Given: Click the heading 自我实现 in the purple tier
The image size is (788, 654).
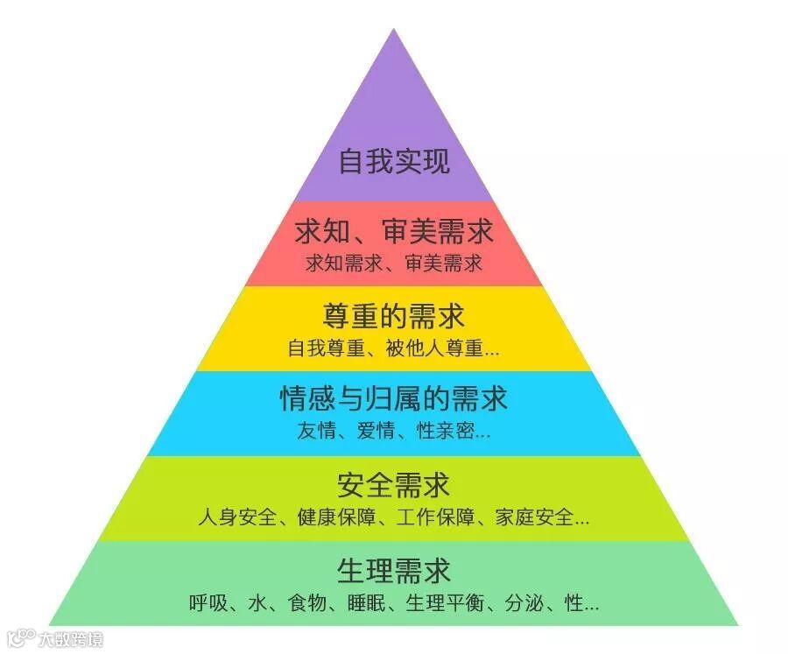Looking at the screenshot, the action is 394,162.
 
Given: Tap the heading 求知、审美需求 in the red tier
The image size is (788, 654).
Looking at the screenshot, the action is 394,232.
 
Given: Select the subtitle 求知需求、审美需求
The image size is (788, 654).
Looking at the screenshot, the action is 394,263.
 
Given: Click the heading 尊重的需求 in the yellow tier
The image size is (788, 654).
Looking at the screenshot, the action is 394,315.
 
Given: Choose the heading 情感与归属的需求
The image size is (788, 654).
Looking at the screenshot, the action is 394,399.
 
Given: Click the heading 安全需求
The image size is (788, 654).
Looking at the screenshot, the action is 394,484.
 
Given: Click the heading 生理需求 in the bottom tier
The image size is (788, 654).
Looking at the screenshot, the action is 394,571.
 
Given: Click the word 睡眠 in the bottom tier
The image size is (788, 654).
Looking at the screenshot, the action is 364,603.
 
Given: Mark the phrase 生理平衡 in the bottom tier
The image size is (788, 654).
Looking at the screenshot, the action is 447,603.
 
